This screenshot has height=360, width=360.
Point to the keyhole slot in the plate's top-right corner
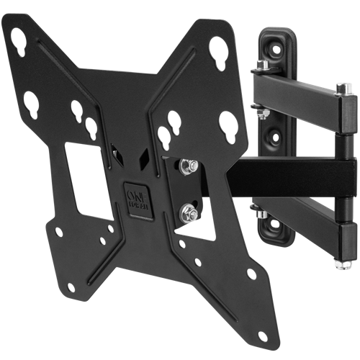point(219,53)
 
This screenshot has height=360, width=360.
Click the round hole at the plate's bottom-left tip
point(71,287)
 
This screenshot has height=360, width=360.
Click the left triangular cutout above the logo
point(117,152)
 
